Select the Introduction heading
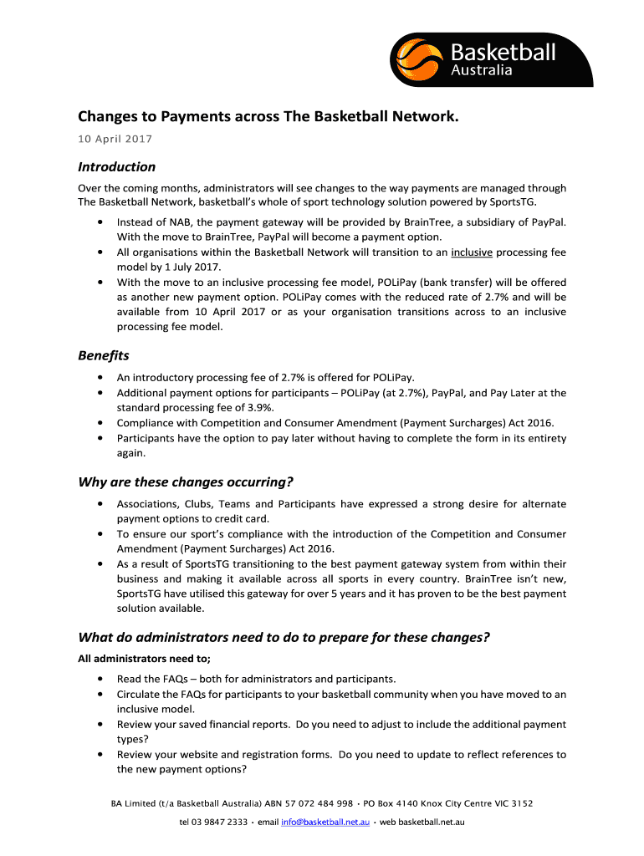click(x=116, y=166)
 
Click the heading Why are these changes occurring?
click(x=186, y=481)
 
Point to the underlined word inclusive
click(x=471, y=252)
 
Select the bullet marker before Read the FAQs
click(x=101, y=679)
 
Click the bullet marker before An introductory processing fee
click(x=101, y=378)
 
